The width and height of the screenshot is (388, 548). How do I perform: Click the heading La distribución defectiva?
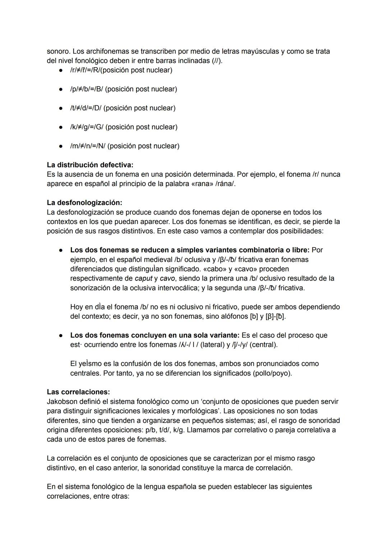click(90, 165)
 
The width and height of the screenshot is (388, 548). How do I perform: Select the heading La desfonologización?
click(84, 203)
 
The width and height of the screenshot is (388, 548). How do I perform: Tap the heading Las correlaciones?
click(78, 392)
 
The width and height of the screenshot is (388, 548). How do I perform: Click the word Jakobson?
click(62, 401)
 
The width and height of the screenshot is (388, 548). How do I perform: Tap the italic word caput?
click(143, 278)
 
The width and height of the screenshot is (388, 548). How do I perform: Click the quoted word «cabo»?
click(215, 269)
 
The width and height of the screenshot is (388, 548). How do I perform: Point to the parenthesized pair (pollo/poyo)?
click(272, 373)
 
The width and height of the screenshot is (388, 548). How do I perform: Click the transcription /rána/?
click(225, 184)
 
